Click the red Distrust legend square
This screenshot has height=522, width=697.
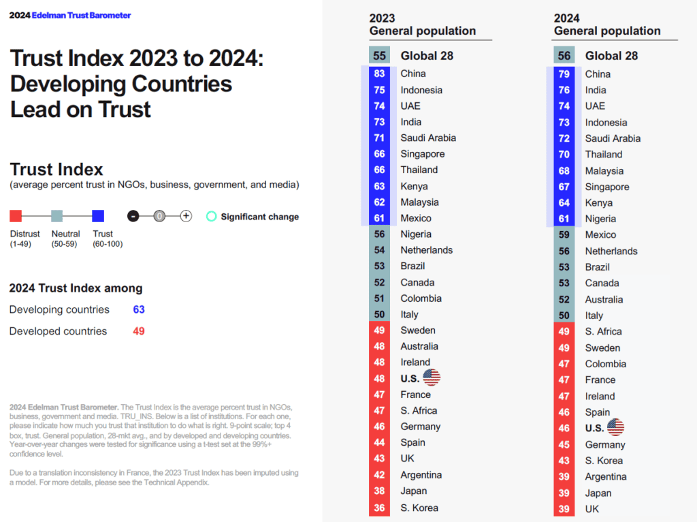coord(16,216)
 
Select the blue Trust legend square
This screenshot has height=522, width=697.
coord(98,216)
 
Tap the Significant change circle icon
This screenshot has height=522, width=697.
coord(212,216)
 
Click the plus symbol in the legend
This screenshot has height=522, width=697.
coord(186,216)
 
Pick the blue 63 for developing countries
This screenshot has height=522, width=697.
coord(139,309)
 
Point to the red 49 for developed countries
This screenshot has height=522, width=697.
coord(139,331)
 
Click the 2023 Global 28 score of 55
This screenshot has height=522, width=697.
coord(379,56)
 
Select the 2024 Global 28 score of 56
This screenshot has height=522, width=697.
coord(564,56)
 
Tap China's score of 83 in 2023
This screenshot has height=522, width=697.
coord(379,74)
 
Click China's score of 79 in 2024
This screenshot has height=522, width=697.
coord(564,74)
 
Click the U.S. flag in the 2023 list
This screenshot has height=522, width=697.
coord(432,378)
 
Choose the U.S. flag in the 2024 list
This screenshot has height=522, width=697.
coord(615,427)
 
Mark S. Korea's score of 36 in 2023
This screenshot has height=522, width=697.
coord(379,508)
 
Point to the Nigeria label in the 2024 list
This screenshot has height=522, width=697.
coord(600,219)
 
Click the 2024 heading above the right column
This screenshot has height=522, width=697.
coord(567,18)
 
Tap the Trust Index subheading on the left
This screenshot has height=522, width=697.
coord(56,170)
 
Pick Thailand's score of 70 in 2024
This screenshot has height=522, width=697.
coord(564,155)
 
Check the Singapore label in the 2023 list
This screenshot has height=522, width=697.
coord(422,154)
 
